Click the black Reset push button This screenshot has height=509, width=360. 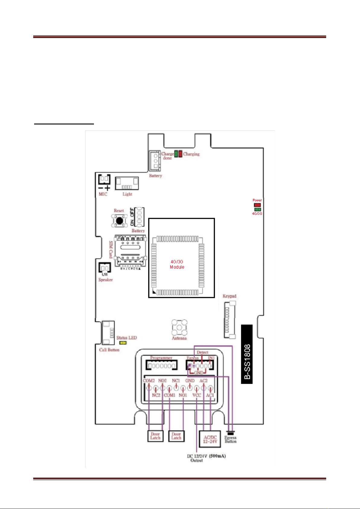(120, 220)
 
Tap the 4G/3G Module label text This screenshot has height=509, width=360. (177, 264)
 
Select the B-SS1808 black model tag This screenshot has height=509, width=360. (247, 354)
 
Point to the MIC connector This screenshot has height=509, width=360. (104, 179)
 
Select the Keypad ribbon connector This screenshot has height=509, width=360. (230, 320)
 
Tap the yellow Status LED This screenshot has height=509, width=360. (123, 343)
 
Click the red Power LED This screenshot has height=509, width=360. (257, 205)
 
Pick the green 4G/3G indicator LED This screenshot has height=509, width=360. (257, 209)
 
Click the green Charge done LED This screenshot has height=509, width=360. (176, 153)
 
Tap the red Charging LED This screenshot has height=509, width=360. (180, 153)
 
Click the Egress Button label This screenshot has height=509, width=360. (230, 439)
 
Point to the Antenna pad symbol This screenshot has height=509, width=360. (179, 327)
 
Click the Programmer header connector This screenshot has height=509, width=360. (161, 366)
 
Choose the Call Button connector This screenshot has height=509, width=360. (108, 333)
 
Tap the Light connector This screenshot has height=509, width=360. (127, 183)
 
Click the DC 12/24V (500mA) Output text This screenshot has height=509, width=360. (206, 458)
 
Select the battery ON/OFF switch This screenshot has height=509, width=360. (139, 217)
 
